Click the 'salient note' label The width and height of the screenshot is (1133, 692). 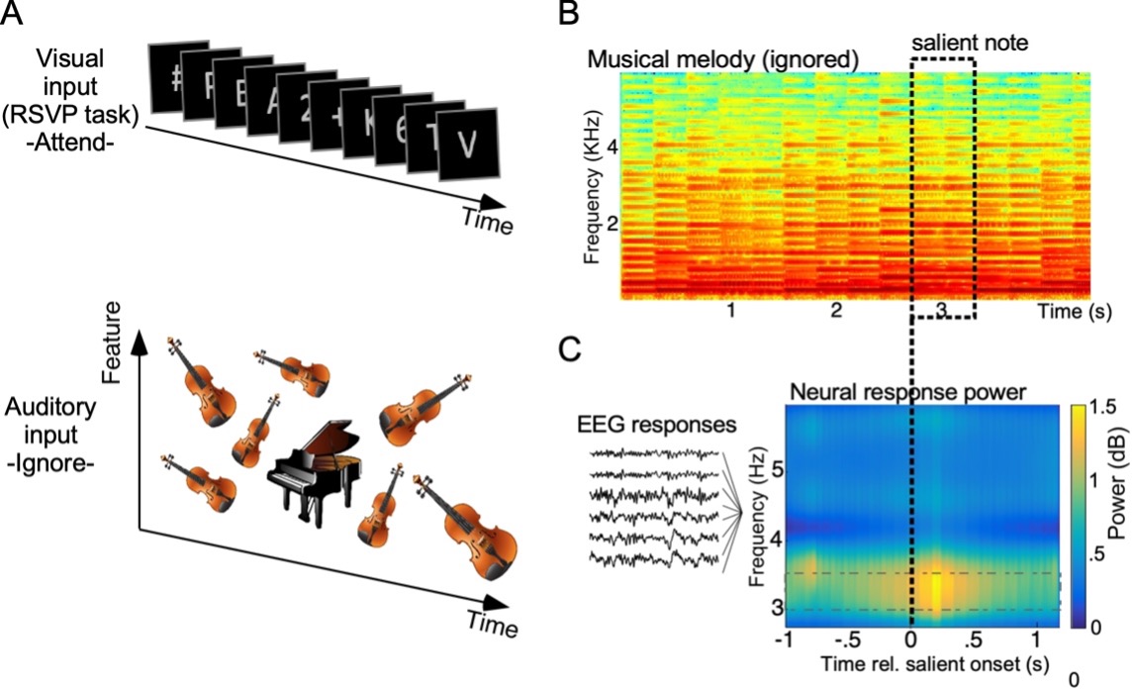943,45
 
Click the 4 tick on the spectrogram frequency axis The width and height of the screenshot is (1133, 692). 613,148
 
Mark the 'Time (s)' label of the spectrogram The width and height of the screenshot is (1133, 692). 1075,312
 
